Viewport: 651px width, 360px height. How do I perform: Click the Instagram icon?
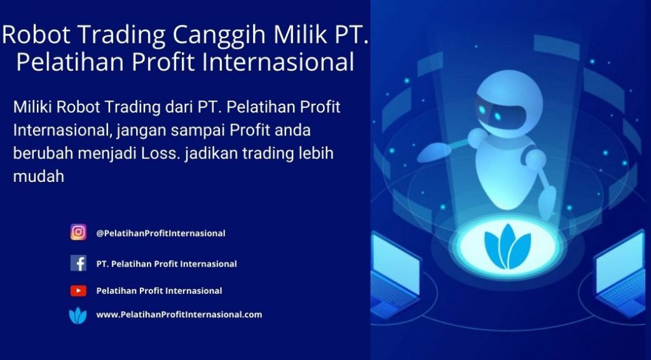(78, 232)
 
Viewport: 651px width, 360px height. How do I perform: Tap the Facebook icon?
(78, 263)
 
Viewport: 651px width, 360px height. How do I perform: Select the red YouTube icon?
(78, 291)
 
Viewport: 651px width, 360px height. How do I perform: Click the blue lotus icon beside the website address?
(78, 315)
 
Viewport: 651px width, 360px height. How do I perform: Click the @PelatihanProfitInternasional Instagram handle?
(161, 233)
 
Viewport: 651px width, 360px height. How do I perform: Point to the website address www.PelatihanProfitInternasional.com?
(179, 314)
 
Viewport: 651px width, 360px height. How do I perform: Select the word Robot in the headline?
(36, 34)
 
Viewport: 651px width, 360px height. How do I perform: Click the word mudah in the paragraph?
(39, 176)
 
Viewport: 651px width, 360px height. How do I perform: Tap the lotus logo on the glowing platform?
(507, 247)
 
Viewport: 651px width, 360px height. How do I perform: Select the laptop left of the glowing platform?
(394, 275)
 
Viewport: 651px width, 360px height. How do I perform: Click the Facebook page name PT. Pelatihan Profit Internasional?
(167, 264)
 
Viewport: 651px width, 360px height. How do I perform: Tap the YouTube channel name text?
(159, 291)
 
